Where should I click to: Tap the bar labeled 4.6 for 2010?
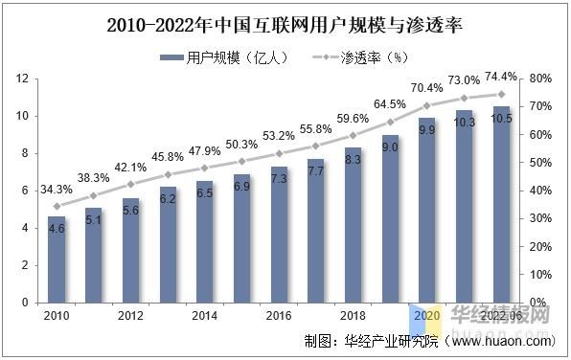coord(57,263)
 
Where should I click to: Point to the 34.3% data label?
coord(57,188)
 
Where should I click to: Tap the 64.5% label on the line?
coord(390,103)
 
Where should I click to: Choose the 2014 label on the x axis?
coord(204,315)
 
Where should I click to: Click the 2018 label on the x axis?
coord(353,315)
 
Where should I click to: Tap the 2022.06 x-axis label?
coord(500,315)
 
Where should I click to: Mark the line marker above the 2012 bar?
coord(131,184)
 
